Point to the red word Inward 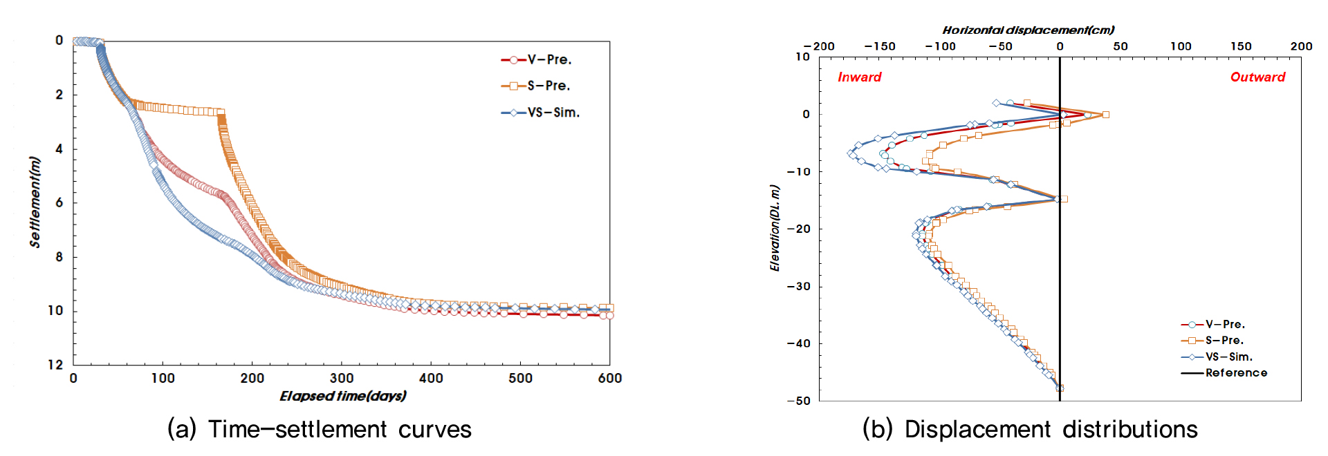tap(859, 77)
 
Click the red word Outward tap(1257, 77)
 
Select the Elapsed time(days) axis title tap(342, 396)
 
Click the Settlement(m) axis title tap(35, 202)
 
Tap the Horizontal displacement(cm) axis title tap(1028, 30)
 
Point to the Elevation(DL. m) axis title tap(775, 228)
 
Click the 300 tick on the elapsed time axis tap(342, 379)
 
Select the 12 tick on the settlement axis tap(55, 365)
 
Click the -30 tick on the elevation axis tap(799, 286)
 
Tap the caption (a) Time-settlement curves tap(320, 429)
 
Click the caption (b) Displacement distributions tap(1030, 429)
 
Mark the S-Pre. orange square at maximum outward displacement tap(1105, 115)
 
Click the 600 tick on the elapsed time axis tap(609, 379)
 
